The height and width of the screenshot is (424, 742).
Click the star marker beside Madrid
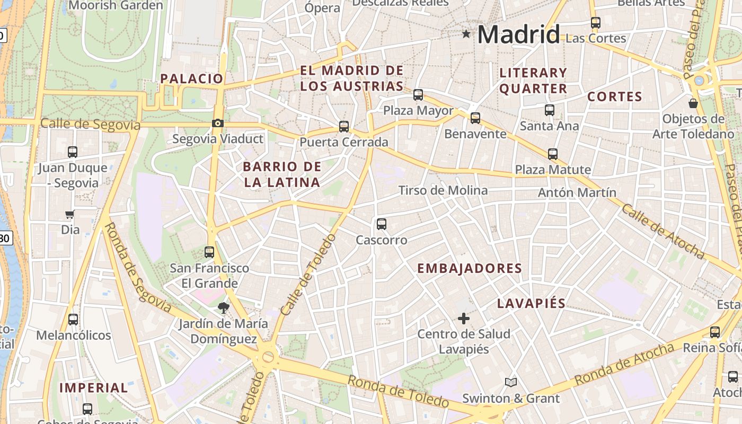466,34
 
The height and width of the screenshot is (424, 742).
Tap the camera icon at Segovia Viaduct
217,123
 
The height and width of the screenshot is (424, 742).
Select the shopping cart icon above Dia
69,215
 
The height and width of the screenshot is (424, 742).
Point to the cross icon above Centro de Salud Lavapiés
464,319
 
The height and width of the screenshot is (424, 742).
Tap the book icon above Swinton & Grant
510,383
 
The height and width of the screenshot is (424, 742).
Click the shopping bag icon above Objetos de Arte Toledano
693,103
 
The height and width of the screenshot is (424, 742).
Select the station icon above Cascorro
382,224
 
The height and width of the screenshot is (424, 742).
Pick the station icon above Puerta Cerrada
344,127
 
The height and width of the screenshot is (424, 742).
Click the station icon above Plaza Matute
553,154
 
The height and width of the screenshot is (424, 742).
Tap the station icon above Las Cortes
596,23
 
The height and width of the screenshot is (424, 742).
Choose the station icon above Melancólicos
73,320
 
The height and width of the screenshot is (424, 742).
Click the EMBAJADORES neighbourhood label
470,268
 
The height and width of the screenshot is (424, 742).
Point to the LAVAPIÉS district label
531,304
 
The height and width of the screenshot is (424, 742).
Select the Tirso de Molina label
443,190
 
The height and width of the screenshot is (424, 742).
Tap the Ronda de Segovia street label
137,268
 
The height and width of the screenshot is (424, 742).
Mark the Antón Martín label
577,192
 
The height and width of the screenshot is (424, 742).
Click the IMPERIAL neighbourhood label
93,388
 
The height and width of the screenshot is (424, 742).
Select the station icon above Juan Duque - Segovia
73,152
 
